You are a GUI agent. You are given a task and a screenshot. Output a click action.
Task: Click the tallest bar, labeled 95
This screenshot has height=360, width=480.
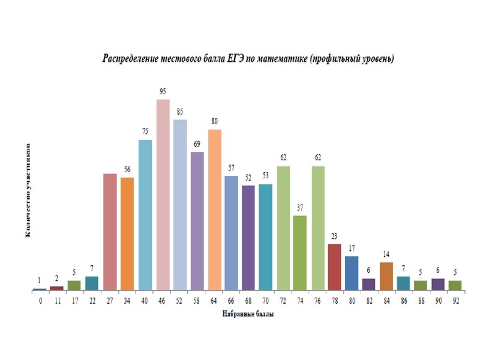163,195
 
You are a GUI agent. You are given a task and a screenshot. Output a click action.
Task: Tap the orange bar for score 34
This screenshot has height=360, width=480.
127,234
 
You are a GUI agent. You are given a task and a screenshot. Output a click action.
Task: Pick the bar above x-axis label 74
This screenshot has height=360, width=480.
300,253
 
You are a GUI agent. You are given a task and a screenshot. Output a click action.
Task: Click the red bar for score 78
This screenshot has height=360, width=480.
335,267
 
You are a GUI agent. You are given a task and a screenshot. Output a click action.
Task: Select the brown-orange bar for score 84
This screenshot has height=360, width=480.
386,276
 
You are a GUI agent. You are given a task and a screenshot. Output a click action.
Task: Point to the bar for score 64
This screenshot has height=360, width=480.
215,210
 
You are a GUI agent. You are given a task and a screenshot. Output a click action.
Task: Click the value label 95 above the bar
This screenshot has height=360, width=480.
163,91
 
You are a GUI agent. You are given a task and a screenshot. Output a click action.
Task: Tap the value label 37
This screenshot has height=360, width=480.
300,208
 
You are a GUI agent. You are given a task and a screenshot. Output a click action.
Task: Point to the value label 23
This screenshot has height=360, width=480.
335,236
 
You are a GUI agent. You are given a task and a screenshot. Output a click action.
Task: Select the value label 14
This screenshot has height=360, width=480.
386,254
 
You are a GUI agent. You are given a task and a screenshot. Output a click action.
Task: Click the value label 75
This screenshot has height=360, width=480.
145,132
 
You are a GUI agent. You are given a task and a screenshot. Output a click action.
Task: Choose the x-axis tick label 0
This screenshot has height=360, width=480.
40,301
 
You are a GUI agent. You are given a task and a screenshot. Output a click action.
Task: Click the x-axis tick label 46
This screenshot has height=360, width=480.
163,301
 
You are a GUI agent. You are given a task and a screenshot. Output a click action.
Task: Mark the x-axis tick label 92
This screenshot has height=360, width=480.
456,301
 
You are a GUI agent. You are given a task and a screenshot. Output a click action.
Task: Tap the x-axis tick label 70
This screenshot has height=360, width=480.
266,301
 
